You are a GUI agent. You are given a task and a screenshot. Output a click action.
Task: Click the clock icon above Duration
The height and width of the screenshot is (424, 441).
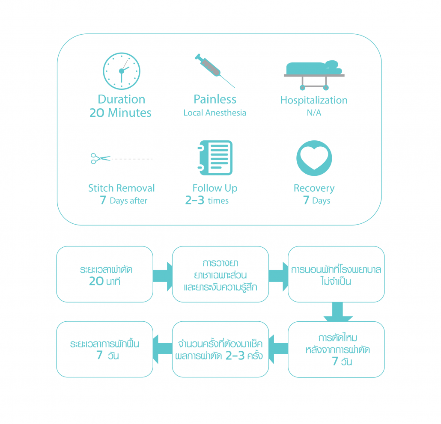(122, 70)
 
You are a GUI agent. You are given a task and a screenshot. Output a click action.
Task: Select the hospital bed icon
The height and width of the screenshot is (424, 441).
(314, 75)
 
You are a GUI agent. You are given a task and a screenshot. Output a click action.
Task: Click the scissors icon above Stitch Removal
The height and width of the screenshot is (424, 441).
(100, 159)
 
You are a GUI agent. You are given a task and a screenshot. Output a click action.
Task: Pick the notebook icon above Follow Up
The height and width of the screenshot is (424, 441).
(215, 157)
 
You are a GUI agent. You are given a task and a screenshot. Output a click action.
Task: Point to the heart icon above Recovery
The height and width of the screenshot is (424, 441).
(314, 158)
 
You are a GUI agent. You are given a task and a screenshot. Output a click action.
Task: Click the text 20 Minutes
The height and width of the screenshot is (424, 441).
(120, 113)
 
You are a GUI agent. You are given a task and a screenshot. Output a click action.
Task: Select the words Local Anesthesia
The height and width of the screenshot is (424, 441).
(215, 113)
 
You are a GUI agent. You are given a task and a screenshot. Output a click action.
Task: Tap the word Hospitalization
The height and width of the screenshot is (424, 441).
(314, 100)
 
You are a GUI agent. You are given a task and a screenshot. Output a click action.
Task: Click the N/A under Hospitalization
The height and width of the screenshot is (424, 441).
(314, 113)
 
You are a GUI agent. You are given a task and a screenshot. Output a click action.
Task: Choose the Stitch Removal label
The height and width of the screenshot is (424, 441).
(122, 188)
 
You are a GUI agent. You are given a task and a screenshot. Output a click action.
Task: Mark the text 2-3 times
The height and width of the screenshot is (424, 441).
(207, 201)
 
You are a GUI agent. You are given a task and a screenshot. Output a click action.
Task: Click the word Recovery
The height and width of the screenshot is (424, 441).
(314, 188)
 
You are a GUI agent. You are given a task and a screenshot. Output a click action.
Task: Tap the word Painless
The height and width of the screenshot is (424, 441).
(215, 99)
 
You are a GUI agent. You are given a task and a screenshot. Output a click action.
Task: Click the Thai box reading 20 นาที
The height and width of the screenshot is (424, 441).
(104, 274)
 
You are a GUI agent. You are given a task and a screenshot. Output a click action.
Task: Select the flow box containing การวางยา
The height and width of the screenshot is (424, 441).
(220, 274)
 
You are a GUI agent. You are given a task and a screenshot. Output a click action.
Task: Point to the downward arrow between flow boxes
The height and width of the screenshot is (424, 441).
(338, 312)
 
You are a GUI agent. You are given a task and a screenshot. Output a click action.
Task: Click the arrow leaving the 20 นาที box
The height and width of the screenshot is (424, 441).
(163, 274)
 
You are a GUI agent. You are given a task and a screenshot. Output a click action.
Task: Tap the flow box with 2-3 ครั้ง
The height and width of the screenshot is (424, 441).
(220, 349)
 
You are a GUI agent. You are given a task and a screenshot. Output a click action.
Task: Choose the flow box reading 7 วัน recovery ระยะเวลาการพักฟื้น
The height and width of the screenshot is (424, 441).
(104, 349)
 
